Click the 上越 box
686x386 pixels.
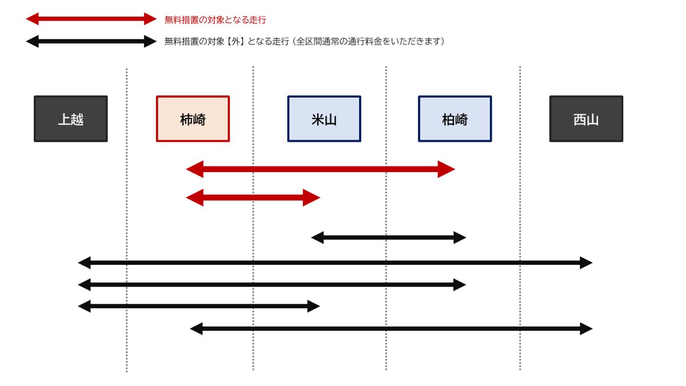[71, 119]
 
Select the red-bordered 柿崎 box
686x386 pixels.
[193, 119]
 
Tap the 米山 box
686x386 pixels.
[324, 119]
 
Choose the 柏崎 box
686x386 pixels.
[455, 119]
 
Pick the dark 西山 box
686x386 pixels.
[586, 119]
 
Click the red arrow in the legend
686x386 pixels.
[91, 19]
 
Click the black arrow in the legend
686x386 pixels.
[91, 42]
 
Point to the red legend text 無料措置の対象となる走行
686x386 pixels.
[215, 20]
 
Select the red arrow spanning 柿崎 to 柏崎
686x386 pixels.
[320, 169]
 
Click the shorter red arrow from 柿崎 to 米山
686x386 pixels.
[253, 198]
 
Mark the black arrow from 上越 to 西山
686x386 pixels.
[335, 263]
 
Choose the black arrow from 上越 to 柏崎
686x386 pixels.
[272, 285]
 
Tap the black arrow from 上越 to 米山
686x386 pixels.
[199, 307]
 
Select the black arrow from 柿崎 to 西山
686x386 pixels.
[391, 329]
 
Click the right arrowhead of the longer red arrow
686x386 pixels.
[446, 169]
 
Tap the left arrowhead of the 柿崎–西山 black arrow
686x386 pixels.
[196, 329]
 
